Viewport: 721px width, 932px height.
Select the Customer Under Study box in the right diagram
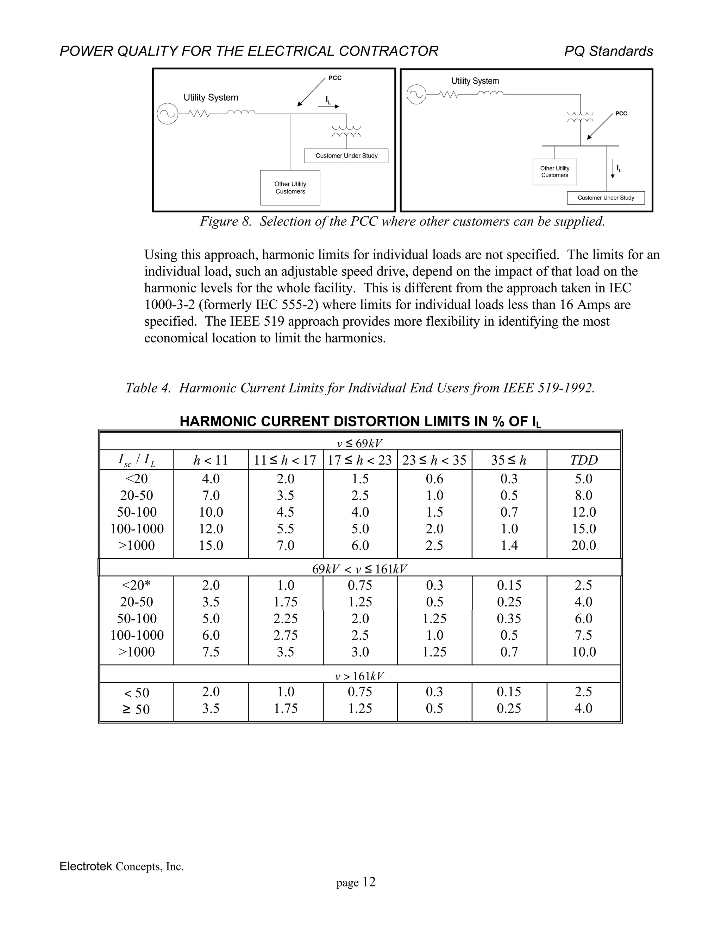(605, 198)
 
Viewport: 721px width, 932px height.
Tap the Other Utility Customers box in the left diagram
(290, 188)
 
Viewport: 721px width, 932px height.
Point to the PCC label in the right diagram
(621, 114)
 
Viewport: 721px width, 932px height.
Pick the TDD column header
(583, 460)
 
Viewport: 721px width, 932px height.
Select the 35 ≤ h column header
(509, 460)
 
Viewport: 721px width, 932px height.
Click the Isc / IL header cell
(137, 460)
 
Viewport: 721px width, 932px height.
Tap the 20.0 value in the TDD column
(583, 545)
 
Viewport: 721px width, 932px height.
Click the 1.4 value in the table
(509, 545)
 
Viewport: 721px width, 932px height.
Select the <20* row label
(137, 585)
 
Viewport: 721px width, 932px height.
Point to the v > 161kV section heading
(360, 676)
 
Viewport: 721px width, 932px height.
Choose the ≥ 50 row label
(137, 709)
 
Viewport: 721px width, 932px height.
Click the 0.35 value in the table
(509, 618)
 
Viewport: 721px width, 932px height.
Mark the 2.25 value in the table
(285, 618)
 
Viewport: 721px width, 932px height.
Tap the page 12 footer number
(356, 882)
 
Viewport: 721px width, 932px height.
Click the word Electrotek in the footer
(86, 866)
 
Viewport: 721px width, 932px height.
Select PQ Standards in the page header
(608, 51)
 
